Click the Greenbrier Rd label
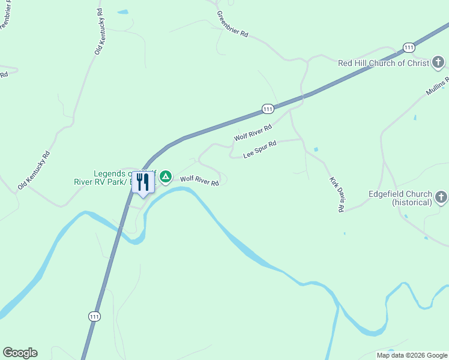232,25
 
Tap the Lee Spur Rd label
259,149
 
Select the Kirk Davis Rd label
336,194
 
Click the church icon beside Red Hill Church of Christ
439,62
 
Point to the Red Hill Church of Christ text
384,63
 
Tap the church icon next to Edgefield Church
441,197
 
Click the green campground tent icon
166,176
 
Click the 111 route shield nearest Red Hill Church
409,47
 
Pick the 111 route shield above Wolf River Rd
268,109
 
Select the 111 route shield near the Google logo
94,316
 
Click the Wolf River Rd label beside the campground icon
199,180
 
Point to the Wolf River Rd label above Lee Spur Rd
253,133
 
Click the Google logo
20,353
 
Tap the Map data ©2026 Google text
412,355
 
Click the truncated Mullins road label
438,87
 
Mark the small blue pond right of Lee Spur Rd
316,149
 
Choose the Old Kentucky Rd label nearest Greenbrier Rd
98,32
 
